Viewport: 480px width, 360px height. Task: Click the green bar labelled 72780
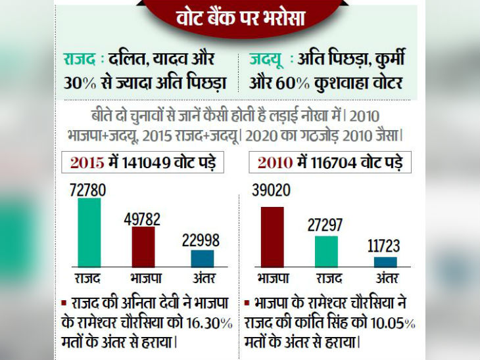coord(89,232)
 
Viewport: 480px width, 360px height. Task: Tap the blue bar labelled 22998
coord(203,258)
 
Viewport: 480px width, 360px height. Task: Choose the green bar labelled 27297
coord(327,251)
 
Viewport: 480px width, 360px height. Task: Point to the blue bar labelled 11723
coord(385,261)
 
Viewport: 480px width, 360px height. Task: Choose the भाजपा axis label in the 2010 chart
coord(272,278)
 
